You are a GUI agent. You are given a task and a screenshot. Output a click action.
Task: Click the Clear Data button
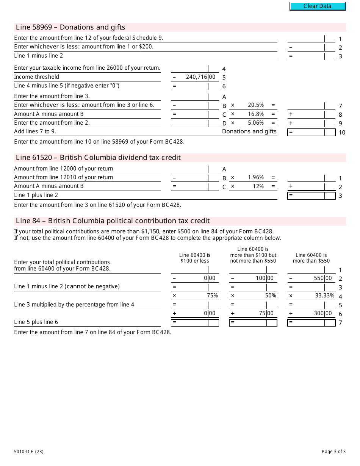(x=318, y=6)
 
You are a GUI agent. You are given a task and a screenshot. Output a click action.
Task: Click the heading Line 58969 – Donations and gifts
(x=70, y=27)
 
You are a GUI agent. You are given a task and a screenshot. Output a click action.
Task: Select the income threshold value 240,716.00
(x=200, y=77)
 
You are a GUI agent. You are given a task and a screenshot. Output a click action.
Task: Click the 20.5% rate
(x=256, y=105)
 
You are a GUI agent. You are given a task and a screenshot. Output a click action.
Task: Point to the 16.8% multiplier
(x=256, y=114)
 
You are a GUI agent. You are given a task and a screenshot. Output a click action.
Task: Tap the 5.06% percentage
(x=256, y=123)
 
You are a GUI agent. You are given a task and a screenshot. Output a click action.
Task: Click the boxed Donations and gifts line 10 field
(x=311, y=132)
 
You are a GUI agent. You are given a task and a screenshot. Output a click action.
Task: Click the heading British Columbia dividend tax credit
(x=98, y=158)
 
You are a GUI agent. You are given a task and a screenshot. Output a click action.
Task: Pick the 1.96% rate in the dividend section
(x=256, y=177)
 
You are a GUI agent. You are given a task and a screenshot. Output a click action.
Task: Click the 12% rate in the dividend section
(x=258, y=186)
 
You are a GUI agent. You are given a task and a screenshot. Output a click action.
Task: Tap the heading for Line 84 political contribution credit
(x=113, y=221)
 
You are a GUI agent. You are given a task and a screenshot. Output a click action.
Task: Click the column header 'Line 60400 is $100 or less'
(x=195, y=258)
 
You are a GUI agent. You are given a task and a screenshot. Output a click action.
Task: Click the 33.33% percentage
(x=325, y=296)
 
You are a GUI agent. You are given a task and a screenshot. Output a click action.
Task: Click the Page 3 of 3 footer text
(x=333, y=451)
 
